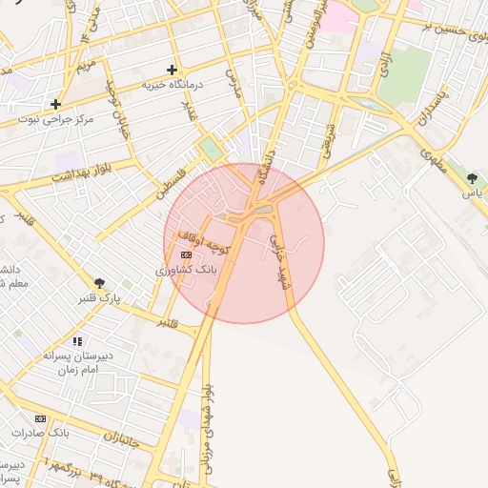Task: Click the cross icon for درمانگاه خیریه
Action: coord(172,70)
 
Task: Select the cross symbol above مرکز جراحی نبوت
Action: coord(56,104)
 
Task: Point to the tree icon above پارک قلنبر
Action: coord(99,283)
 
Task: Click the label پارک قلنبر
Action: coord(99,298)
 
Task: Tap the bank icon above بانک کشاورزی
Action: coord(186,255)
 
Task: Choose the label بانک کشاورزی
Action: coord(187,271)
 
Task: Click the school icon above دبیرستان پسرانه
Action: coord(77,340)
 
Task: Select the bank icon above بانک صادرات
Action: coord(40,418)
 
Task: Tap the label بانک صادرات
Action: coord(41,433)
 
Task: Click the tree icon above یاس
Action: coord(472,177)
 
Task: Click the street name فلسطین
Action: coord(175,179)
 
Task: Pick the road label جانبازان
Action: coord(123,441)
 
